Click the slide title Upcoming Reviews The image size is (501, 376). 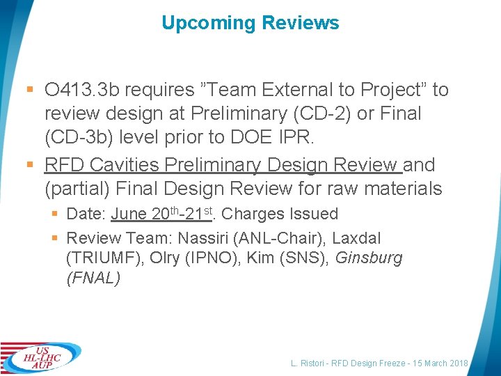point(250,23)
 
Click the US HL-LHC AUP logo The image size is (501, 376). point(40,357)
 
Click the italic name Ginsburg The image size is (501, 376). point(369,258)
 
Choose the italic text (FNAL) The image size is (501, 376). point(93,278)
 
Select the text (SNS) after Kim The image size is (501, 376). point(305,258)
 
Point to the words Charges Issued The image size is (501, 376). point(280,214)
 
